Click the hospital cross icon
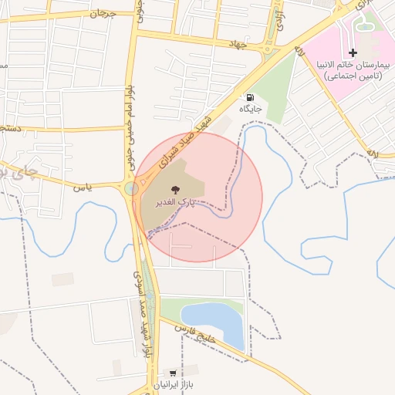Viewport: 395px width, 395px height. click(353, 52)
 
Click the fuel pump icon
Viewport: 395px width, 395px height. click(250, 98)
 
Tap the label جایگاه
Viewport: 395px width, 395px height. click(250, 110)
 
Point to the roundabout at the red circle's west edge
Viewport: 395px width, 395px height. click(132, 188)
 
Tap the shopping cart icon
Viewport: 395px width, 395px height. click(161, 371)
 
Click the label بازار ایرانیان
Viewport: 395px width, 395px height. click(170, 383)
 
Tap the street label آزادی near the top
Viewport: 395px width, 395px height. click(280, 11)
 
